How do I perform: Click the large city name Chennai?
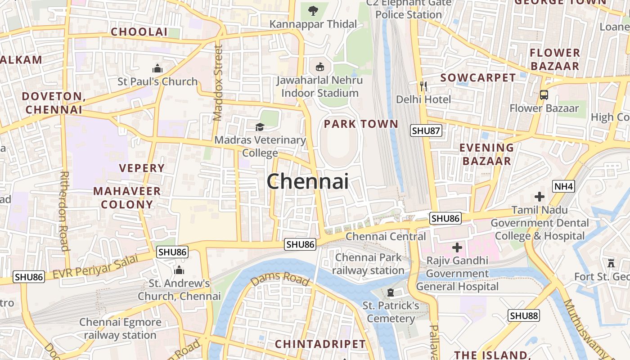pos(308,181)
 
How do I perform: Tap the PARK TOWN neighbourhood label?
pos(361,124)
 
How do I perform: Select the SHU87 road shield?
pos(426,131)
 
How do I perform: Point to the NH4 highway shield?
pos(563,186)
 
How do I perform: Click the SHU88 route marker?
pos(524,316)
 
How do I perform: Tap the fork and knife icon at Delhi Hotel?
pos(423,86)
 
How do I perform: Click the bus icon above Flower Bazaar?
pos(544,95)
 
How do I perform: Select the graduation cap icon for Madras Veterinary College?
pos(260,127)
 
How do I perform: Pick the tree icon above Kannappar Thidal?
pos(313,10)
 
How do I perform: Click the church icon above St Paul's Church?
pos(157,68)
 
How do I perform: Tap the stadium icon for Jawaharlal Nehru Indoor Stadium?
pos(319,67)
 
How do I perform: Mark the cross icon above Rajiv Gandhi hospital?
pos(457,247)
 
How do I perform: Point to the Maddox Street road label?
pos(218,83)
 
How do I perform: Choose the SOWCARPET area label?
pos(478,78)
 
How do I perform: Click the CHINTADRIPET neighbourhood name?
pos(320,344)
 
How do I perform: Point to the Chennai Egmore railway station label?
pos(120,328)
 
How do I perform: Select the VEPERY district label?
pos(142,168)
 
